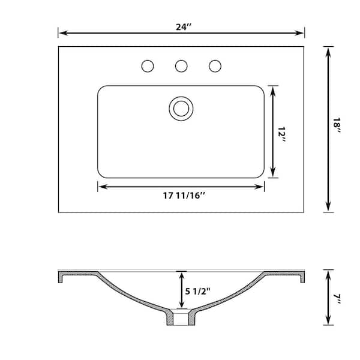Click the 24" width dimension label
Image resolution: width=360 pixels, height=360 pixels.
184,27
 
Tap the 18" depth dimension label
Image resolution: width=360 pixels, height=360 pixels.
337,125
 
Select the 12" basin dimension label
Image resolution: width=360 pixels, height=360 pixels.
281,134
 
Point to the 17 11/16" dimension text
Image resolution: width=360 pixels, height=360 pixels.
184,196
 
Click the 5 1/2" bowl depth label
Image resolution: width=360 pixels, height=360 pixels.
197,292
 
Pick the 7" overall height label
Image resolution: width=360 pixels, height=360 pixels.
337,299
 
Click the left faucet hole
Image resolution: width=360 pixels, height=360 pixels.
148,66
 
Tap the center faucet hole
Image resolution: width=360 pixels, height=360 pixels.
181,66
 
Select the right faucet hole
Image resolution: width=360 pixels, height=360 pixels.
215,66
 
